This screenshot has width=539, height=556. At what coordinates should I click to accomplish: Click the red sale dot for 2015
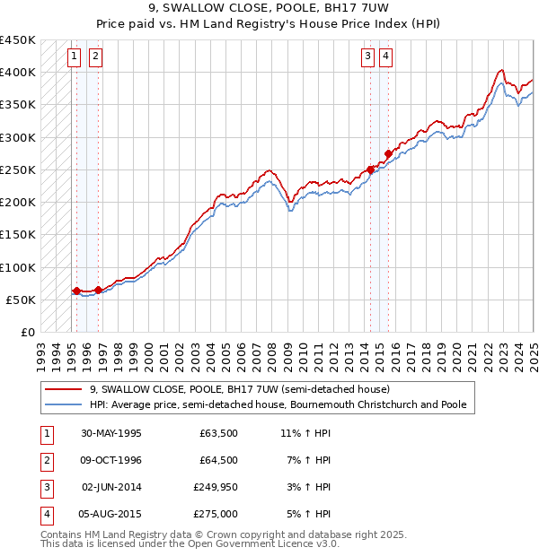pyautogui.click(x=388, y=153)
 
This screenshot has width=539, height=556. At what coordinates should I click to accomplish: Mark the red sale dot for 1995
pyautogui.click(x=76, y=291)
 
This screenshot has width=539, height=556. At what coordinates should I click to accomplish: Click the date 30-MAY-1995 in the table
pyautogui.click(x=111, y=433)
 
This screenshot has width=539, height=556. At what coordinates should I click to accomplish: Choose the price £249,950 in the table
pyautogui.click(x=213, y=487)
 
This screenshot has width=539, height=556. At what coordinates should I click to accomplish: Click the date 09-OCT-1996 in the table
pyautogui.click(x=111, y=460)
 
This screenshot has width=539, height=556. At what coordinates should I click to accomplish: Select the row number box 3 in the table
pyautogui.click(x=45, y=487)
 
